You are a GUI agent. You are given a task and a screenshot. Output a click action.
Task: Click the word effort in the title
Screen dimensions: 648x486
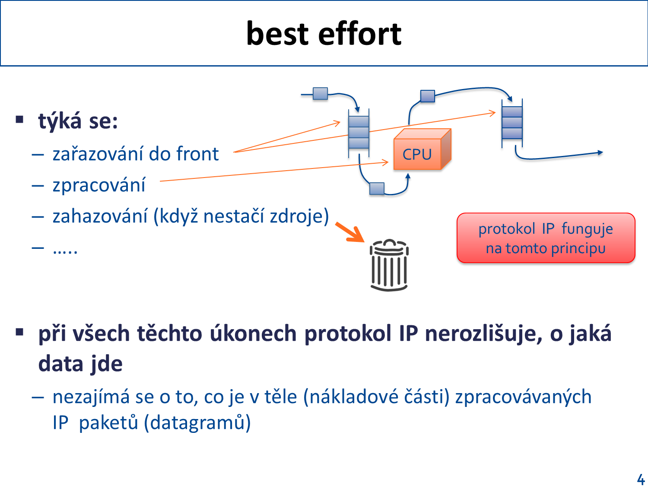click(x=359, y=33)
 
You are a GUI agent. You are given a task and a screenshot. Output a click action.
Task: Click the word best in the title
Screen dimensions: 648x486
click(x=277, y=33)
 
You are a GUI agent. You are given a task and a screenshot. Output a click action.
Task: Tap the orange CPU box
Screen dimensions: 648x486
click(x=422, y=149)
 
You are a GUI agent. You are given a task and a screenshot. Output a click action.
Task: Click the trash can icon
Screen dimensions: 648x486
click(x=389, y=265)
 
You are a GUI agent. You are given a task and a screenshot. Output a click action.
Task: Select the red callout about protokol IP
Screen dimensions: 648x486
click(x=546, y=238)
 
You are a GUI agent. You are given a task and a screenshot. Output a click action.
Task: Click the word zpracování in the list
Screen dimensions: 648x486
click(x=99, y=185)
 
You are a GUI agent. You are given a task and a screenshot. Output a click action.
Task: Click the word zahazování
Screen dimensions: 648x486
click(x=100, y=216)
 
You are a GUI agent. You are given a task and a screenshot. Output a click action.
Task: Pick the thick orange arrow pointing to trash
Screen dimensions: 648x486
click(x=350, y=232)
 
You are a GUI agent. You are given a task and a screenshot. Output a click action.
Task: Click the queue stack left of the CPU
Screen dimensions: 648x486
click(x=359, y=132)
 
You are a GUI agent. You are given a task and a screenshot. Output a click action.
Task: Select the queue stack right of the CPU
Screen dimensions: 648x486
click(x=512, y=123)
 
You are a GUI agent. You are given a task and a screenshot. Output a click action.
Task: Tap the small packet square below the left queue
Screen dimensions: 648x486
click(x=377, y=188)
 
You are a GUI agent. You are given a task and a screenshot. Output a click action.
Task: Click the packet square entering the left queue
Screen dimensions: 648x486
click(x=320, y=94)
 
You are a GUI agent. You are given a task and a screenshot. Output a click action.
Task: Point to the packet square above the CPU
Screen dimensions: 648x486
click(x=428, y=96)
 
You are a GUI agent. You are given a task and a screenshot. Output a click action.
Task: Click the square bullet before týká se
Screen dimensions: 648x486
click(x=19, y=120)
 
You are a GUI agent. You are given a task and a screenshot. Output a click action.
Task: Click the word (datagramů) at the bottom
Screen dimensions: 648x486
click(x=197, y=422)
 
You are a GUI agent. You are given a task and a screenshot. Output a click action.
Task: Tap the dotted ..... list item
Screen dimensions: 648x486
click(x=65, y=251)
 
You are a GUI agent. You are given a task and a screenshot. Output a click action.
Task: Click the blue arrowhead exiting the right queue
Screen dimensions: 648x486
click(x=600, y=152)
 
